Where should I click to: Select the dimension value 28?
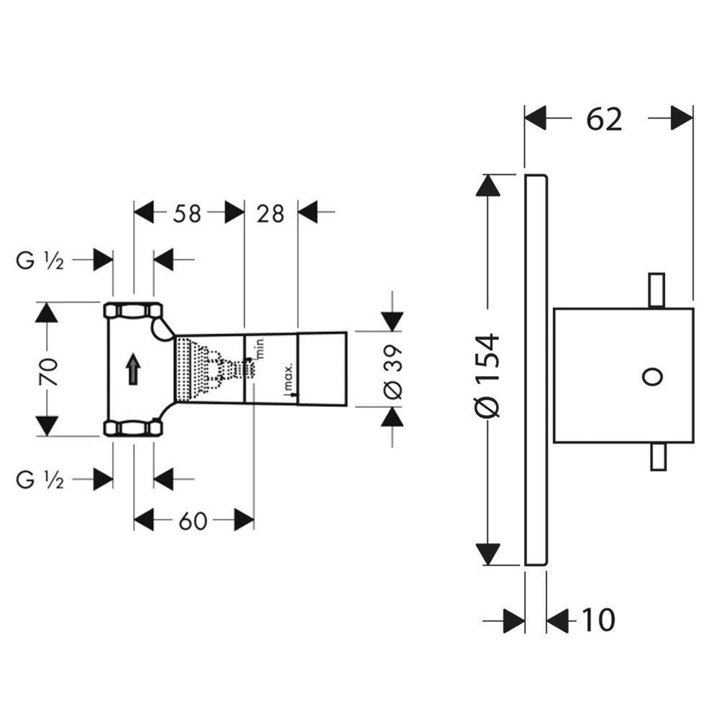click(270, 213)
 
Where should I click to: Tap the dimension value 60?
click(193, 520)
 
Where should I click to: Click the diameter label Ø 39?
click(393, 370)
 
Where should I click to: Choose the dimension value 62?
click(603, 119)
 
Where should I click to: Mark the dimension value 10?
click(598, 620)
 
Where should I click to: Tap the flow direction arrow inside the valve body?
click(133, 371)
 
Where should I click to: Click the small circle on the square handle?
click(653, 376)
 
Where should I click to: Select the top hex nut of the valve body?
click(133, 311)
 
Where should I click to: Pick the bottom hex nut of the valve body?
click(133, 429)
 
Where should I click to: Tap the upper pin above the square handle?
click(656, 290)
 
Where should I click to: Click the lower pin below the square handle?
click(657, 457)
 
